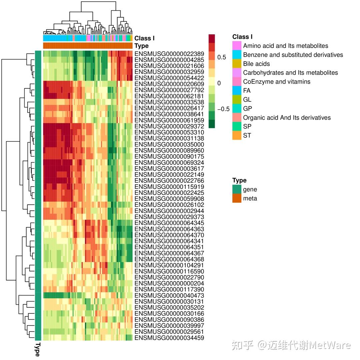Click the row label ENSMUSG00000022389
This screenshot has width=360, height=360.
point(169,54)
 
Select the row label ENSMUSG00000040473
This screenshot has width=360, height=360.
point(169,296)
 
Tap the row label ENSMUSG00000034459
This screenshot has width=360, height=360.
point(169,338)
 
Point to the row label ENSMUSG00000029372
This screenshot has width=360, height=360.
point(169,126)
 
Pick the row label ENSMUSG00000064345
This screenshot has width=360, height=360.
point(169,223)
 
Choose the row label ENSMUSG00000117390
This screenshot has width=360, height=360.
point(169,289)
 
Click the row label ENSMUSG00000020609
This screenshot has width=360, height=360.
point(169,84)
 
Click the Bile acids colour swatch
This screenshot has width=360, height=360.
point(237,64)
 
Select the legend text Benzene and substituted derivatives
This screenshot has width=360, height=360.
point(293,55)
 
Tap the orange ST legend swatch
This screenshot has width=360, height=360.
point(237,135)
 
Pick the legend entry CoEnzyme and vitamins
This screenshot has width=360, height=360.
point(277,82)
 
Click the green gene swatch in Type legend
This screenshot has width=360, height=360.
point(237,189)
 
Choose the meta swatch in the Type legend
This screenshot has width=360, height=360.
point(237,198)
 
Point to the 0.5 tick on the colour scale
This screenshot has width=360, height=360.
point(221,57)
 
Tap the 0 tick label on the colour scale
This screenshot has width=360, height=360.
point(219,83)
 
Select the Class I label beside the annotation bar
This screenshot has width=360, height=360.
point(144,38)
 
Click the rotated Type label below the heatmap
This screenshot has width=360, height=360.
point(38,349)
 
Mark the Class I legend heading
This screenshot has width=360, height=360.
point(242,37)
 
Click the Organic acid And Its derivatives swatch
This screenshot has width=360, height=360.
point(237,117)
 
